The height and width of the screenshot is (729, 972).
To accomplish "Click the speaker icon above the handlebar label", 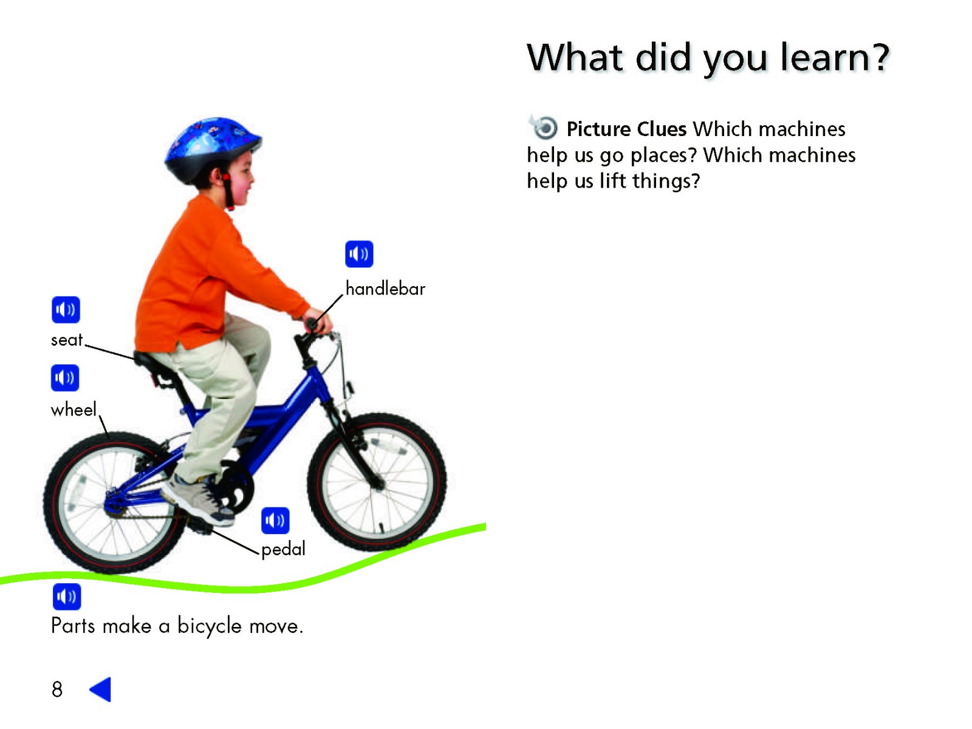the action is [x=358, y=254].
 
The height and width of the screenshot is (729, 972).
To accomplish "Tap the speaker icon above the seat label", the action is [x=66, y=309].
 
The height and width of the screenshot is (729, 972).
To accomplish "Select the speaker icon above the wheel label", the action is [x=65, y=378].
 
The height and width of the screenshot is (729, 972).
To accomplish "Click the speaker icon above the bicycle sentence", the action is [x=67, y=597].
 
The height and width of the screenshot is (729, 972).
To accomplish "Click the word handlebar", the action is [x=385, y=289].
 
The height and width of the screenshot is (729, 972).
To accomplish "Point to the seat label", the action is [x=66, y=340].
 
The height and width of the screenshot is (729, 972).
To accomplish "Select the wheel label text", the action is [x=74, y=409].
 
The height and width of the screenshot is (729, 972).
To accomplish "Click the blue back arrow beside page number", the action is [x=100, y=689].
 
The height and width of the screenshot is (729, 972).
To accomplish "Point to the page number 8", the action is [x=57, y=689].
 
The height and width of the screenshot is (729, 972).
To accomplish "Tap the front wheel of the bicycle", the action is [x=377, y=482].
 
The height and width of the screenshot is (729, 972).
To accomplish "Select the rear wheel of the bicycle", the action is [x=114, y=503].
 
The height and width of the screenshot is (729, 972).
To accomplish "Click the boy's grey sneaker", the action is [x=199, y=499].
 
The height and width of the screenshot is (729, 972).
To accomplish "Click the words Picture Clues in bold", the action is [x=626, y=129].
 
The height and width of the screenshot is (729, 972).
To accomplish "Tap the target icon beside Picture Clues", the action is [x=544, y=128].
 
